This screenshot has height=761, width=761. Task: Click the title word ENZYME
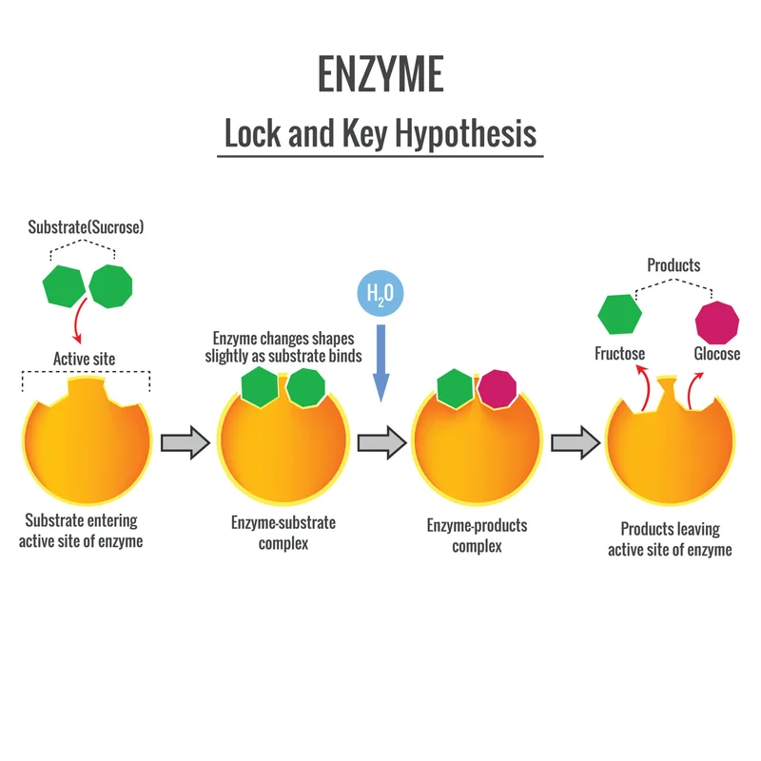(x=380, y=74)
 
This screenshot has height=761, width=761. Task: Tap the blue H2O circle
(x=380, y=293)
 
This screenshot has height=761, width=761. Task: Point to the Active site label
(x=85, y=359)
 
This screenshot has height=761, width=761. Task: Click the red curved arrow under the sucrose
(x=76, y=322)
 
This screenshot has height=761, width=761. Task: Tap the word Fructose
(x=619, y=354)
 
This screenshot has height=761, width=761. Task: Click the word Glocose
(x=717, y=354)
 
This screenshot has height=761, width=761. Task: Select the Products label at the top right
(x=673, y=265)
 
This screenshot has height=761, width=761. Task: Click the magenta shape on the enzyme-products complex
(x=497, y=388)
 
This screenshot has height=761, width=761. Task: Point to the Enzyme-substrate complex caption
(x=283, y=533)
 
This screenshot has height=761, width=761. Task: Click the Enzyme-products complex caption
(x=477, y=536)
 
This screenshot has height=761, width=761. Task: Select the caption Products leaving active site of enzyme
(x=670, y=539)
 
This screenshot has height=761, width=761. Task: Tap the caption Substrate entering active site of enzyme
(x=82, y=531)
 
